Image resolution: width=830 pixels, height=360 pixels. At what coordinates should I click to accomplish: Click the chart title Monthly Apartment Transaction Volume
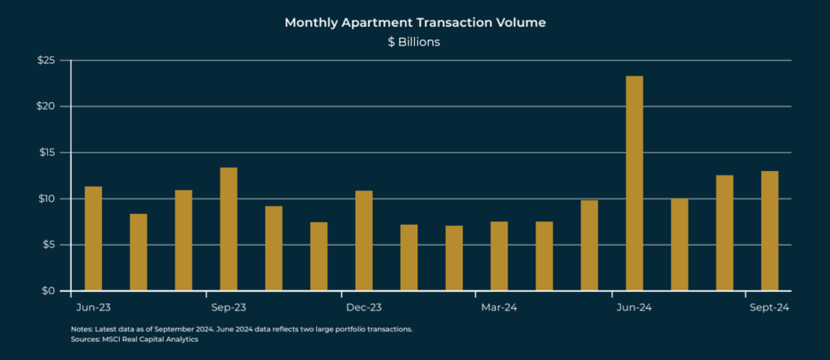414,23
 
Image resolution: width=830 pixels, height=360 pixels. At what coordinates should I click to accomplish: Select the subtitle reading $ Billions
414,42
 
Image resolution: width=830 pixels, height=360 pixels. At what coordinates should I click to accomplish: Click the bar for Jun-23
93,238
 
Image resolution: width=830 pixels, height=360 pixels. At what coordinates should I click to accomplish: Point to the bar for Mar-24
499,256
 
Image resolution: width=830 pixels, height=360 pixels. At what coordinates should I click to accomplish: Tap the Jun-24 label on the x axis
634,308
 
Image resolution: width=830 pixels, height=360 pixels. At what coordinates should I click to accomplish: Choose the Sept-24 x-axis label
767,308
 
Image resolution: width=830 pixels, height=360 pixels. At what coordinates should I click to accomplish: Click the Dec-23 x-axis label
364,308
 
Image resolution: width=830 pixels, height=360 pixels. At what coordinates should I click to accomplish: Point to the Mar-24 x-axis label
499,308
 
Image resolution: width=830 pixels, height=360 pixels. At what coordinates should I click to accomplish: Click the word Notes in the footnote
82,330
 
